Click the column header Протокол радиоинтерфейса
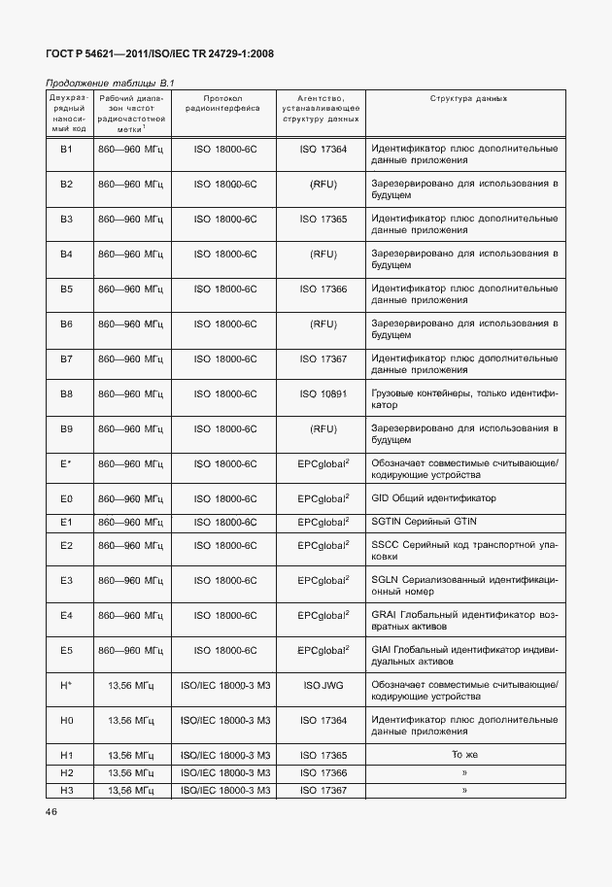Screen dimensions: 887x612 (x=224, y=105)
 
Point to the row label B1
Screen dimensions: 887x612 (x=67, y=149)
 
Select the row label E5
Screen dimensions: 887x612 (x=67, y=650)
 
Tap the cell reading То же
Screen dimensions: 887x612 (x=464, y=755)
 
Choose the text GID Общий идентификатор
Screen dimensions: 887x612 (x=433, y=498)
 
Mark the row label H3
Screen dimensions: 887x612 (x=67, y=790)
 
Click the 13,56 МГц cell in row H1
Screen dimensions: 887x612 (x=132, y=755)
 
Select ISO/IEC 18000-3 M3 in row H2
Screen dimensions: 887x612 (x=224, y=772)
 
